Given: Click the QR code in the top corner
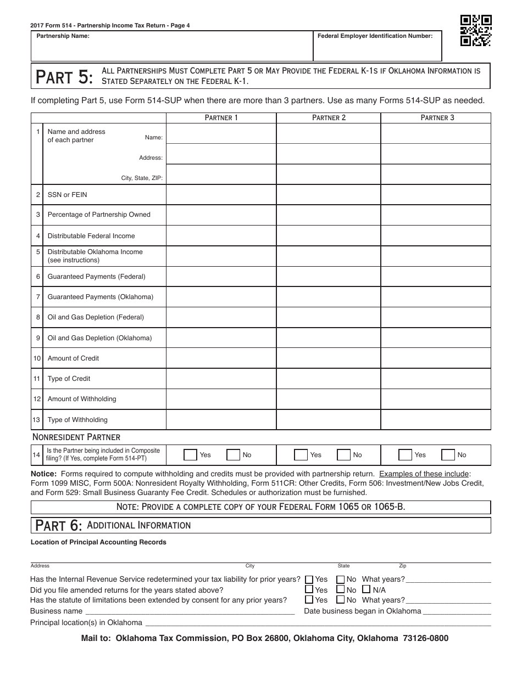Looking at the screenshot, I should [475, 30].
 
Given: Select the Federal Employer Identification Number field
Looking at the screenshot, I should [377, 50].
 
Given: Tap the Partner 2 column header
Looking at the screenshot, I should [329, 117].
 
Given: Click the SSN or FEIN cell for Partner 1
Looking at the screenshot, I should [221, 195].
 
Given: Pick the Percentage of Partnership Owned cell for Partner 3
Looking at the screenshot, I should [435, 215].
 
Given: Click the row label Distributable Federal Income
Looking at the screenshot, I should [91, 236].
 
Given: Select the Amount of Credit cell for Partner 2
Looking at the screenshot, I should [329, 358].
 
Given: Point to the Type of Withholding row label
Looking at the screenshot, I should [77, 420].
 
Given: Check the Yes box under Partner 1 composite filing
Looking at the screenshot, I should [190, 455].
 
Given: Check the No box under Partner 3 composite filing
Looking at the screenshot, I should [448, 455].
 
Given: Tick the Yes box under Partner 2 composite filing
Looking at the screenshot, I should [301, 455].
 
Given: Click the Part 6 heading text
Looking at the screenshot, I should [59, 526].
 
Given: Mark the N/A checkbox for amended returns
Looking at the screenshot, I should [366, 590].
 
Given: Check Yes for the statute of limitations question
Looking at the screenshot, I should [309, 600].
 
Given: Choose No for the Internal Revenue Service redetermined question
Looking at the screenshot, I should [341, 580].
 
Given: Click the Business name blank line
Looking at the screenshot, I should [190, 611].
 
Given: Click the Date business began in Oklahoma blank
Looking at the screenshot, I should [457, 611].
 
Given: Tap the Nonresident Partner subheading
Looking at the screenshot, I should [76, 437].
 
